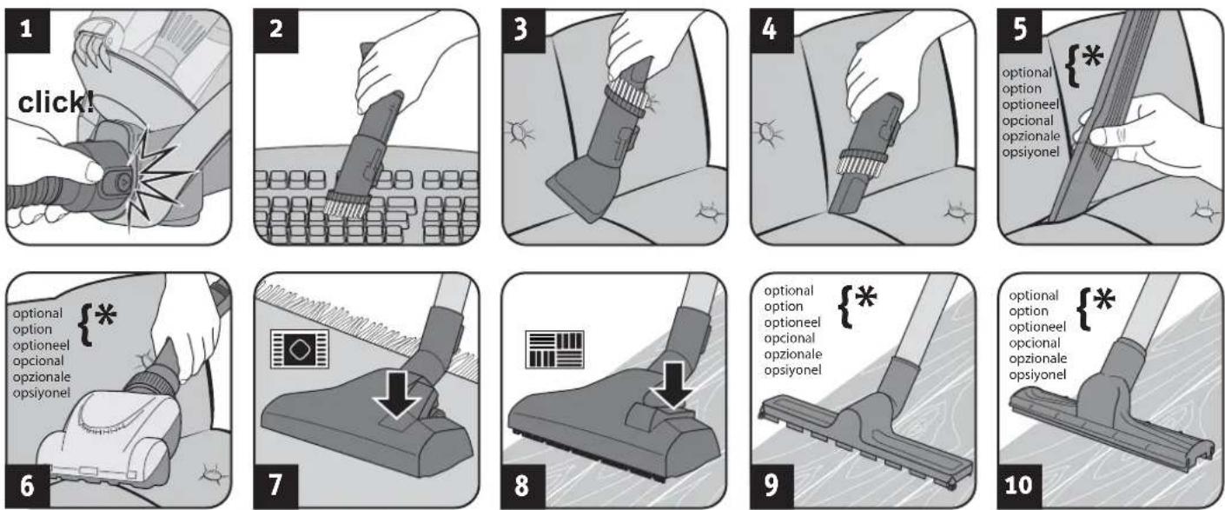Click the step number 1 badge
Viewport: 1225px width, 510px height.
click(27, 31)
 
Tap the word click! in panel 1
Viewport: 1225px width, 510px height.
click(56, 103)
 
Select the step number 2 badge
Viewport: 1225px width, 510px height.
click(275, 31)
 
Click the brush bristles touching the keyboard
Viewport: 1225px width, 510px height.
click(346, 205)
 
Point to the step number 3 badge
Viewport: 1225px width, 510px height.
click(524, 31)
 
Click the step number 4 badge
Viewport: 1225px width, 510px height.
click(771, 31)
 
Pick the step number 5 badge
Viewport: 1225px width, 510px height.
click(1020, 31)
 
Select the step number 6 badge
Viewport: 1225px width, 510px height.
click(27, 486)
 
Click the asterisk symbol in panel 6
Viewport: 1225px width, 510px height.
click(105, 315)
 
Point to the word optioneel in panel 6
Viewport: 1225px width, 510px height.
click(41, 346)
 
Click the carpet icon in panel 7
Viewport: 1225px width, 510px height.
click(300, 348)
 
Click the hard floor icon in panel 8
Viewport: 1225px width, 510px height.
click(554, 349)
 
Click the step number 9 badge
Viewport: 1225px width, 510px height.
click(771, 486)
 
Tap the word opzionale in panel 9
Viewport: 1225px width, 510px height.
click(793, 354)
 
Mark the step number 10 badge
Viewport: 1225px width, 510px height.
click(1020, 486)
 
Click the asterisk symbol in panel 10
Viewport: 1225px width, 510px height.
click(1103, 300)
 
